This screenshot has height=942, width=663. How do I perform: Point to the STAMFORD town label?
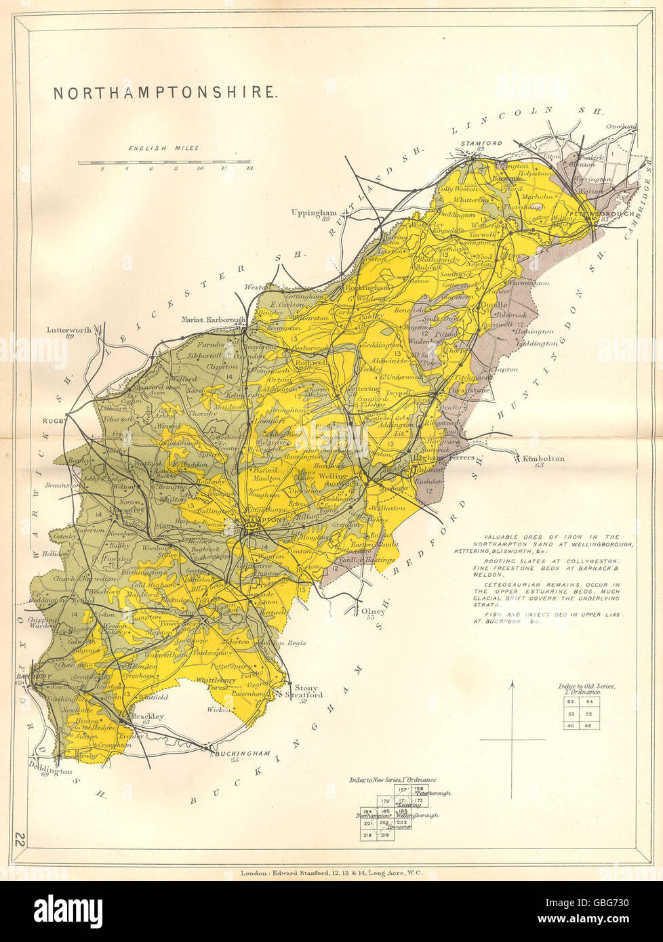[481, 143]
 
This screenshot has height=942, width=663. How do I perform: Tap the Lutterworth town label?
[68, 330]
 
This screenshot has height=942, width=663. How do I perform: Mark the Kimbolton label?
[543, 459]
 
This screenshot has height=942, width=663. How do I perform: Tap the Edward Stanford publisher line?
[331, 874]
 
